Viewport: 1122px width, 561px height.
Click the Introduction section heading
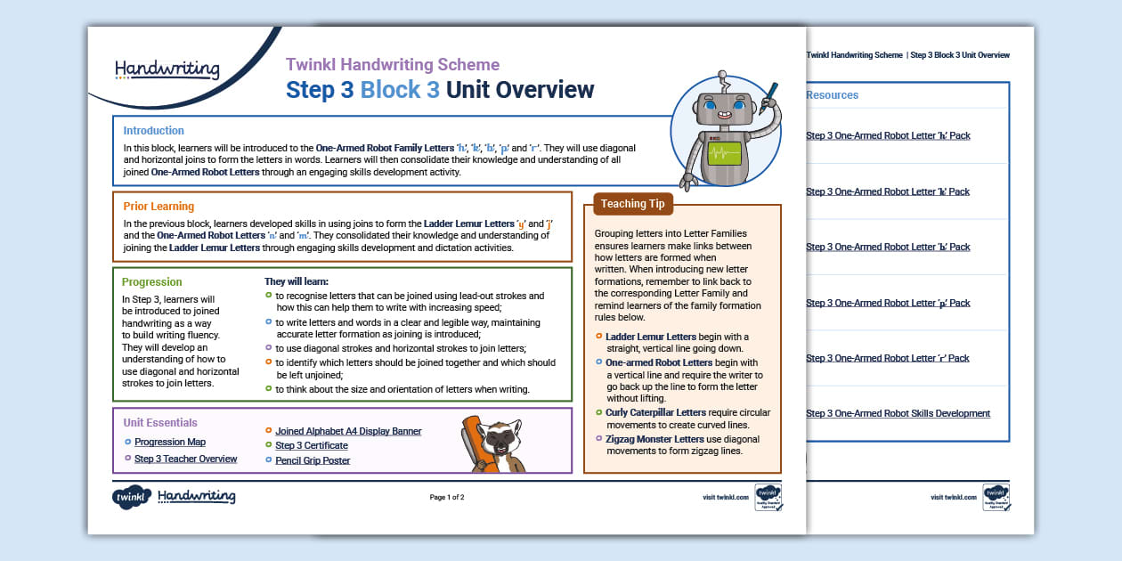point(154,130)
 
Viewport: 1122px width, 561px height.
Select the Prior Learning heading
point(159,206)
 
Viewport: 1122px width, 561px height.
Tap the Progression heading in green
point(152,281)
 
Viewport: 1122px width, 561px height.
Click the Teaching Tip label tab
point(634,203)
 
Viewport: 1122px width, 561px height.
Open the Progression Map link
point(170,442)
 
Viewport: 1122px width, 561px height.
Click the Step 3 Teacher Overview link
point(185,459)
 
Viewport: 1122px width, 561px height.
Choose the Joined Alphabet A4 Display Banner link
point(348,431)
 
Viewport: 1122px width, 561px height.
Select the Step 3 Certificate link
point(311,445)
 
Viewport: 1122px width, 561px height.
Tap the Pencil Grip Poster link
point(313,460)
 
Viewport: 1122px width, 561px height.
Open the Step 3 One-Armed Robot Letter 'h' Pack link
point(888,136)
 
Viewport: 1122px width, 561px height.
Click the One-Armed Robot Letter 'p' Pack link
point(888,303)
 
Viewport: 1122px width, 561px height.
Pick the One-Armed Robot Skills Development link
point(898,413)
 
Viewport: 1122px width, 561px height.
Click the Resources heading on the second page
point(832,95)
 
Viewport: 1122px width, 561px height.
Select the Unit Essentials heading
point(160,423)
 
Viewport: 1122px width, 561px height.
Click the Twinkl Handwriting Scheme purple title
point(392,64)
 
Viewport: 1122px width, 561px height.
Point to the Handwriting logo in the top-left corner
point(167,69)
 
